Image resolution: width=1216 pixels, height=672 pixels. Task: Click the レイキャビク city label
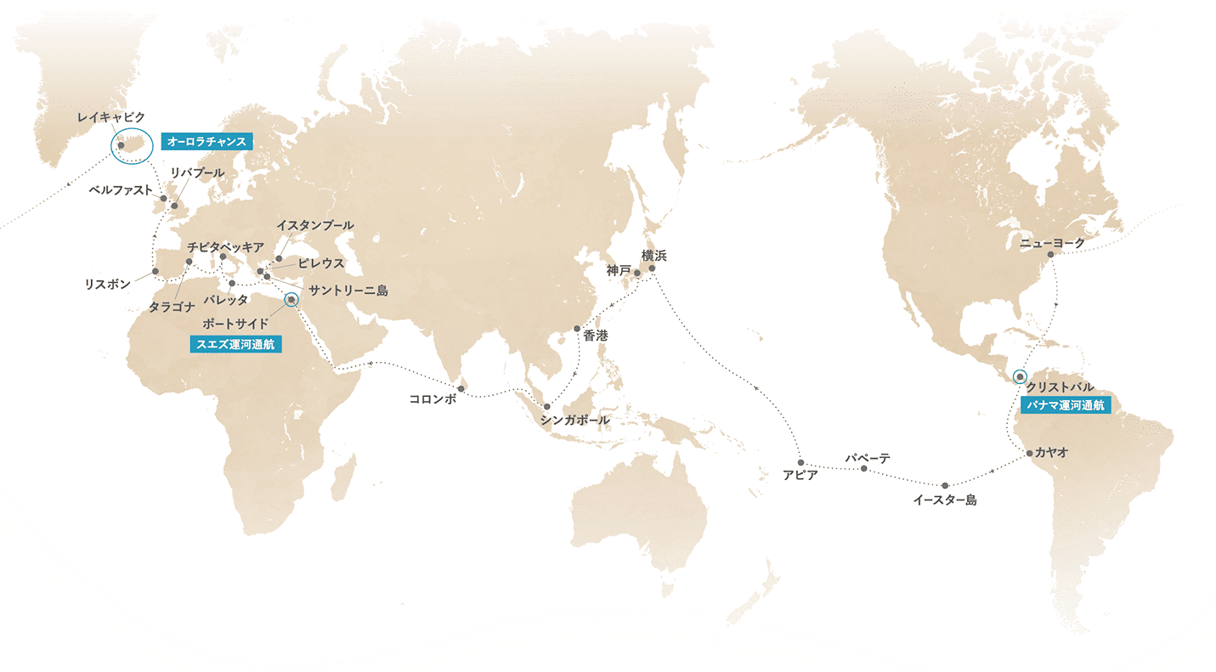(x=110, y=116)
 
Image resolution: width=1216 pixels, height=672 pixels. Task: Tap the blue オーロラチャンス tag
(x=206, y=141)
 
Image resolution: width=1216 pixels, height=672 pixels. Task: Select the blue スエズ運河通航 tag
(x=235, y=344)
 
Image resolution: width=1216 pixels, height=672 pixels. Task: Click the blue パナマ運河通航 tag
(x=1066, y=405)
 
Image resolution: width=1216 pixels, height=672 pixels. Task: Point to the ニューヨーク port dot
(x=1050, y=254)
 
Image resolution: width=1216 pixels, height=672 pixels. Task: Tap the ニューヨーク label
(x=1052, y=243)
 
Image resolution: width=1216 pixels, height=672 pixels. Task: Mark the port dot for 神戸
(x=637, y=274)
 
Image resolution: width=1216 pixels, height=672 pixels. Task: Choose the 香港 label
(x=595, y=336)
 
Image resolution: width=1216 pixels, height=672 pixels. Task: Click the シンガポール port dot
(x=546, y=407)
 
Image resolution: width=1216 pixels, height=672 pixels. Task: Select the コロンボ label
(x=433, y=399)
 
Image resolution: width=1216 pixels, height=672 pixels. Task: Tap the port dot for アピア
(x=800, y=462)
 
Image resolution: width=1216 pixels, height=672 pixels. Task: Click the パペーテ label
(x=867, y=458)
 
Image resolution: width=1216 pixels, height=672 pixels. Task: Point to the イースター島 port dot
(x=944, y=485)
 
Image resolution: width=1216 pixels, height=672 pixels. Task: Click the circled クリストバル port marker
(x=1020, y=376)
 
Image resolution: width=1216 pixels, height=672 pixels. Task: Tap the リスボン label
(x=107, y=285)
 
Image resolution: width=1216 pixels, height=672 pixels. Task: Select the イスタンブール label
(x=315, y=225)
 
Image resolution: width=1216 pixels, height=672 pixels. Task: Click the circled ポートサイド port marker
(x=291, y=300)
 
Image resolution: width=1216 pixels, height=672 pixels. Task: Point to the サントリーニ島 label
(x=348, y=291)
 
